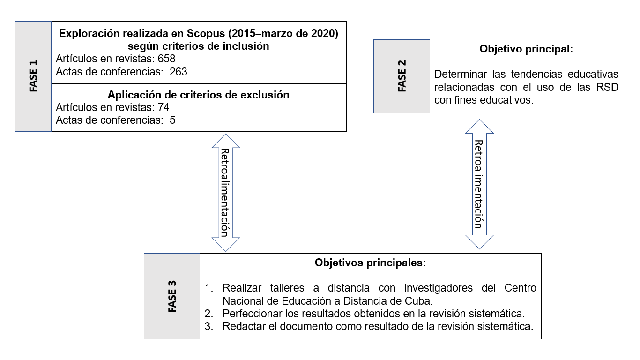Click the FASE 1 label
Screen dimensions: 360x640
(33, 76)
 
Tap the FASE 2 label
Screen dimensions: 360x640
(402, 76)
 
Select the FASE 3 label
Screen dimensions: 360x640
(172, 296)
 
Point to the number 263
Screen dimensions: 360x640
(179, 72)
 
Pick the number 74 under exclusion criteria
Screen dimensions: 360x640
(164, 107)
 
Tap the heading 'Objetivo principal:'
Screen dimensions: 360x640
(526, 49)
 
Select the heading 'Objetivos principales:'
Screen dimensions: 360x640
(370, 262)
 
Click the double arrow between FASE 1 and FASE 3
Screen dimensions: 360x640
(226, 192)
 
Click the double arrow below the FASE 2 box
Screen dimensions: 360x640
(479, 184)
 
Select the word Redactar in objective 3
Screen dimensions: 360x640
(242, 326)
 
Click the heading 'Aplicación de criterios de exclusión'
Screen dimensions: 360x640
(198, 95)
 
